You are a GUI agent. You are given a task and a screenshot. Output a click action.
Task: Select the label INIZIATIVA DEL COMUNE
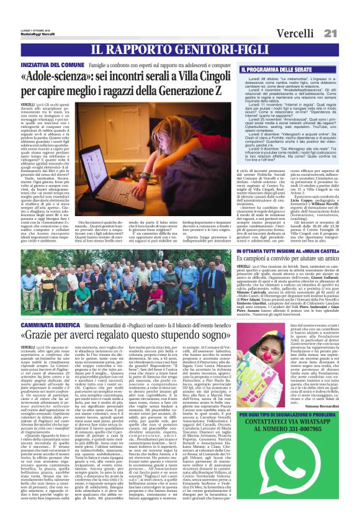[45, 65]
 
